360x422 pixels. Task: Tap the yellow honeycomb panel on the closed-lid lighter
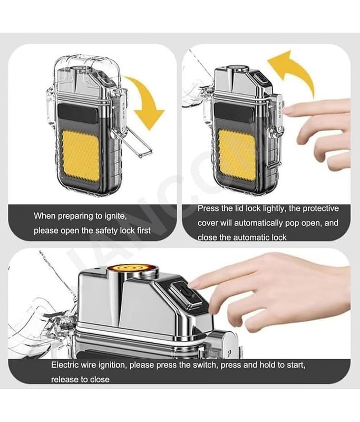(x=81, y=157)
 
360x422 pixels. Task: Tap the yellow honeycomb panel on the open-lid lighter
(x=237, y=156)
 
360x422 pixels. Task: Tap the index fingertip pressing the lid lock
(x=288, y=110)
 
